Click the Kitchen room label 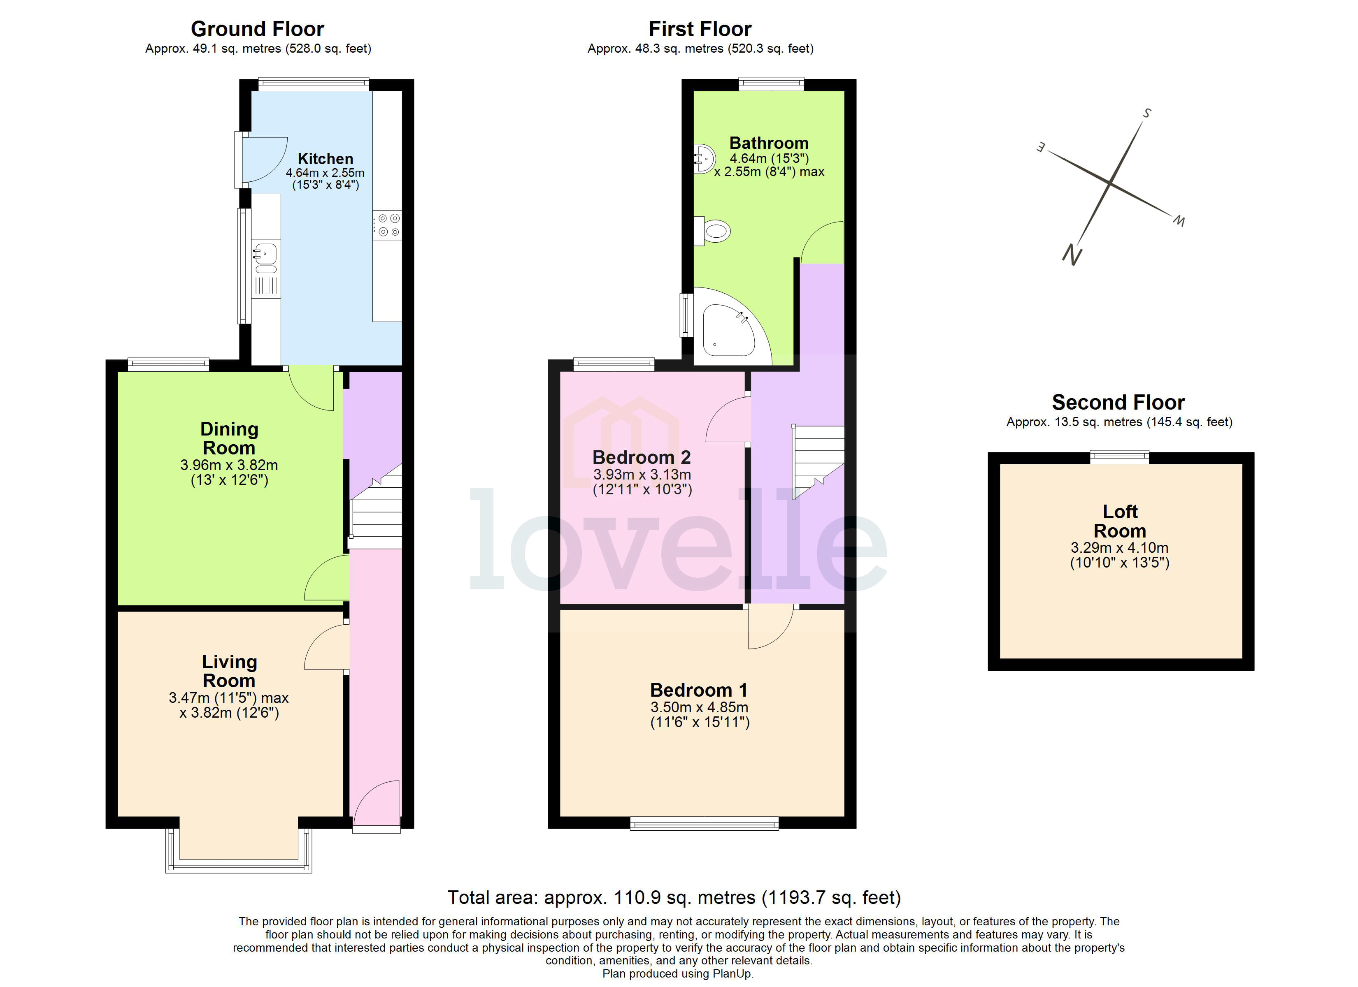coord(325,159)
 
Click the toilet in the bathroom coord(716,231)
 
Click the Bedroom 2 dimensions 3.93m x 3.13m coord(642,475)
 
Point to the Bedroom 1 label coord(699,690)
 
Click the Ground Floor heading coord(258,29)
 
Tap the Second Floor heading coord(1118,402)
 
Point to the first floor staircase coord(819,458)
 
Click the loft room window coord(1119,457)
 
